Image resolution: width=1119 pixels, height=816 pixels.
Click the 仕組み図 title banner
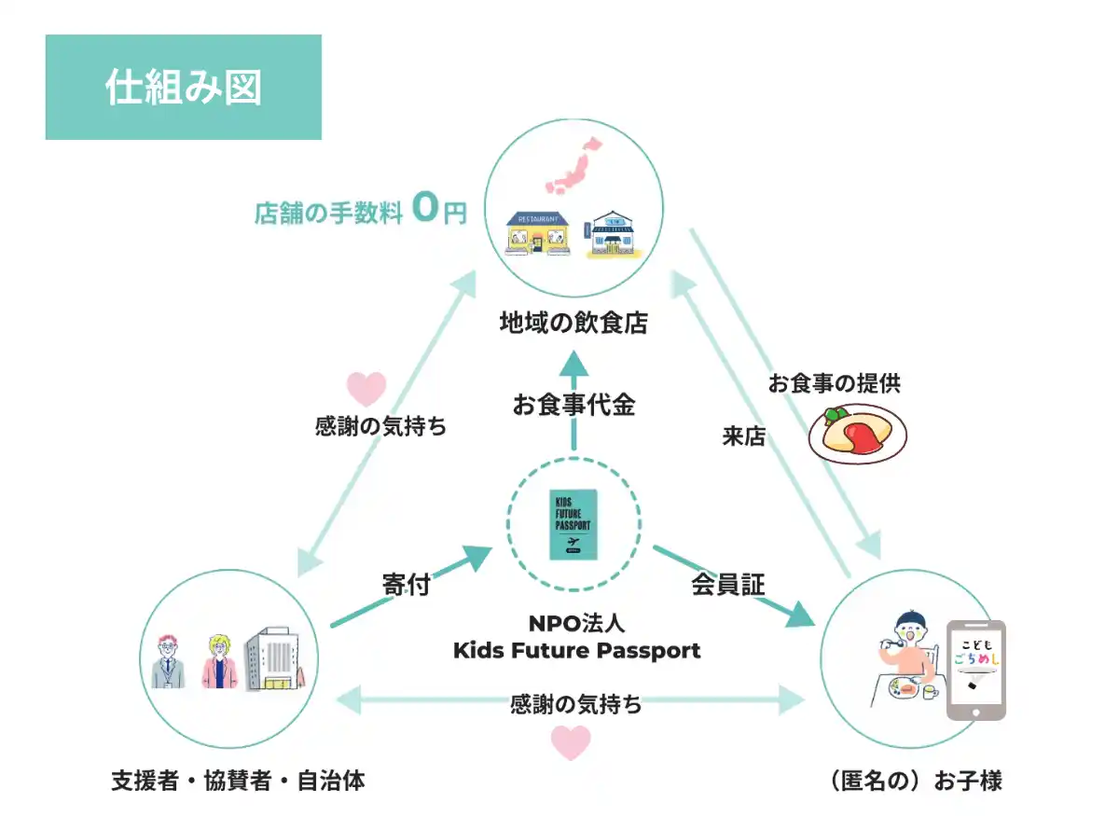183,88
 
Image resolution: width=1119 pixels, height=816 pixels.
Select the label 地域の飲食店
573,324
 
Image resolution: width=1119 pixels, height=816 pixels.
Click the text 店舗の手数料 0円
360,212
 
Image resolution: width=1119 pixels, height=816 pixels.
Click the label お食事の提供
835,382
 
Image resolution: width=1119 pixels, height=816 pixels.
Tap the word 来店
744,436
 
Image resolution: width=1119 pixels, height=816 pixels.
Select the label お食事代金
573,405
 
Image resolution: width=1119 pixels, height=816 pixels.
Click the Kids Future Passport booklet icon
573,524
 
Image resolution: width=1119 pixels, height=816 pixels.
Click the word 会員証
728,585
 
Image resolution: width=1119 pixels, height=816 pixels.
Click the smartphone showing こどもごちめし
976,670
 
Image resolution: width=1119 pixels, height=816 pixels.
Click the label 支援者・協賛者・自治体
238,781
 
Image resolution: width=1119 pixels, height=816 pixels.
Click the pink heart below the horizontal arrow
571,743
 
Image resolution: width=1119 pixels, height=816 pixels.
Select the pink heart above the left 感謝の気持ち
366,388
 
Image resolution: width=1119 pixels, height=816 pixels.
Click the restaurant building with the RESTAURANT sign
537,234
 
